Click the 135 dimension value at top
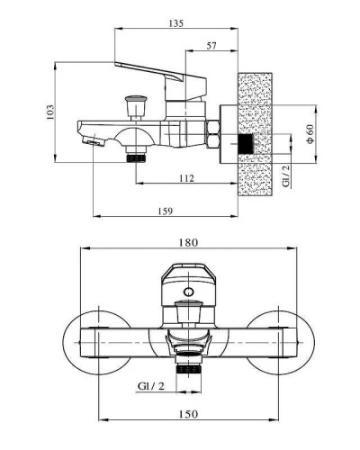point(175,23)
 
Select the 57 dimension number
point(211,46)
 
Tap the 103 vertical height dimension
point(50,112)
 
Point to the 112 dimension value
point(186,178)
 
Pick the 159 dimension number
point(166,211)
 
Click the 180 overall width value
point(188,242)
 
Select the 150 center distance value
point(188,414)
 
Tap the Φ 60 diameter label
point(310,134)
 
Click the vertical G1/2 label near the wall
point(287,175)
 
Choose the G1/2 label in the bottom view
point(151,386)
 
